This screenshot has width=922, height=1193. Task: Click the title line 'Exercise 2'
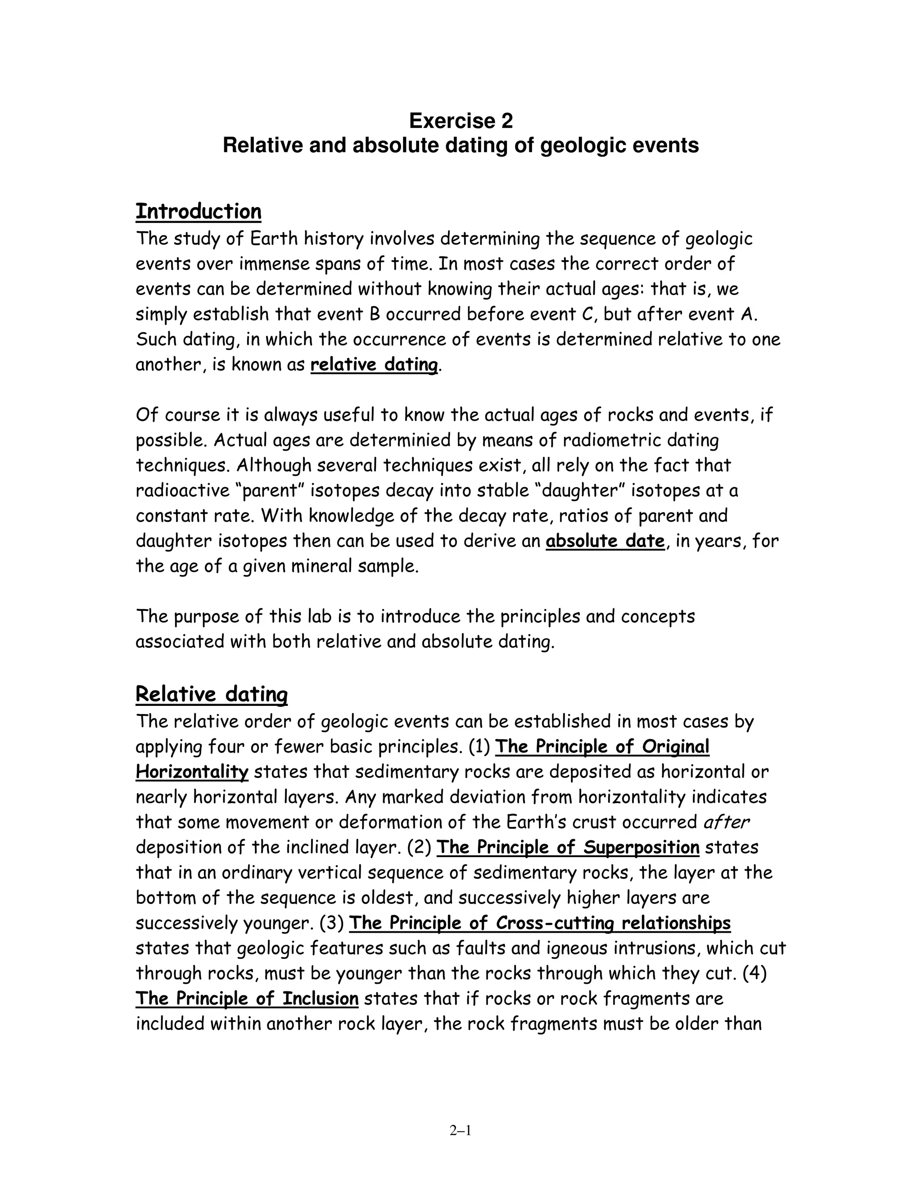coord(461,121)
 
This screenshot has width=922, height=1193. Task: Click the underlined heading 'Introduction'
coord(198,212)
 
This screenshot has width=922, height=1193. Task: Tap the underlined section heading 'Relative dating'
coord(212,694)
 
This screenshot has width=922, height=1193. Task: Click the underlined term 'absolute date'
coord(605,541)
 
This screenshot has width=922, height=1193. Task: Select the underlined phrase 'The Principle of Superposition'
coord(568,847)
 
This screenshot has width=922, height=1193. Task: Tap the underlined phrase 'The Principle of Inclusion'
coord(247,998)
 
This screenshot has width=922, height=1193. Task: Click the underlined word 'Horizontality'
coord(192,772)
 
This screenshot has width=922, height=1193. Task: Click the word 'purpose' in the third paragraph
coord(206,616)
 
